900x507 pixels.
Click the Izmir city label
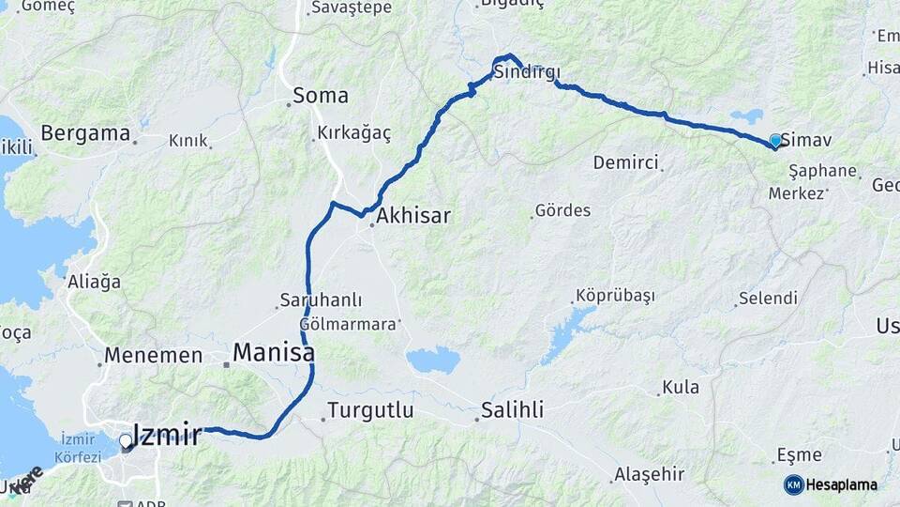coord(167,435)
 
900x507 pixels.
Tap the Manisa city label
coord(273,353)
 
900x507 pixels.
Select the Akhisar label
coord(413,217)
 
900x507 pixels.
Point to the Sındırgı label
coord(527,72)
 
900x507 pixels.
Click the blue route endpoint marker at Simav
coord(775,140)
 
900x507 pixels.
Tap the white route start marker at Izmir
coord(126,440)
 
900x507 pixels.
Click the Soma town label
coord(321,95)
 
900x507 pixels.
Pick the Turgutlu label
coord(369,410)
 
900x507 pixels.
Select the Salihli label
coord(512,410)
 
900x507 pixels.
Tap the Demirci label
coord(625,162)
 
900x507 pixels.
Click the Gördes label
coord(562,210)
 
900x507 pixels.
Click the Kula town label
coord(681,387)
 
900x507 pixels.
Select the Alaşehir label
coord(650,474)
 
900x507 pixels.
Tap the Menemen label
coord(154,356)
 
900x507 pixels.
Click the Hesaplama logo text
coord(842,485)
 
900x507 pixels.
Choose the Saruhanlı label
coord(321,301)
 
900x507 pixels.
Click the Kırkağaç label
coord(354,133)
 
